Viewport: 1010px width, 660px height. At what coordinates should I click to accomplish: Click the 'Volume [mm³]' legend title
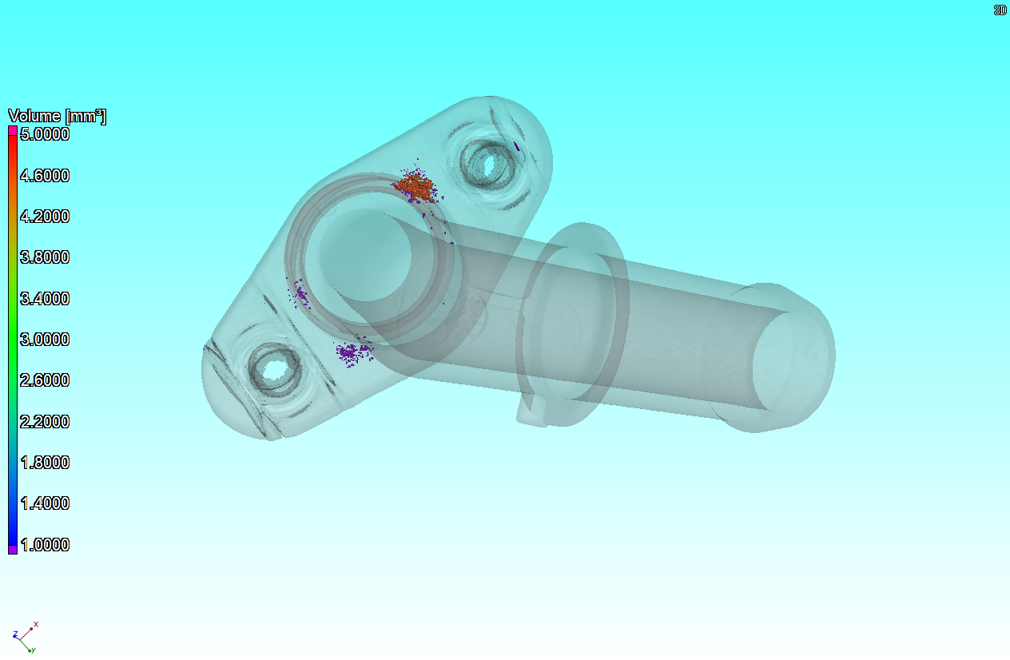[x=58, y=117]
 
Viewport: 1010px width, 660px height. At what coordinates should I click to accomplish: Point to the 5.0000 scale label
[x=45, y=134]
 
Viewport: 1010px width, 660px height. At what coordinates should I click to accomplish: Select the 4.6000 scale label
[x=45, y=175]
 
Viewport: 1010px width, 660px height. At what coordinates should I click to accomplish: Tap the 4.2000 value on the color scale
[x=45, y=217]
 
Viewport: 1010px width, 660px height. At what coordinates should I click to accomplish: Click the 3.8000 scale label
[x=45, y=257]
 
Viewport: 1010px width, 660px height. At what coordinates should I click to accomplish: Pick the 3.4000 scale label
[x=45, y=299]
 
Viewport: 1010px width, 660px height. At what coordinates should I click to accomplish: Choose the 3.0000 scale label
[x=45, y=340]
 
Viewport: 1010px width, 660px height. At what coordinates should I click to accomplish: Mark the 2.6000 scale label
[x=45, y=380]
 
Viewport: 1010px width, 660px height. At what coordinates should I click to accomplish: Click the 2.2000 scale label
[x=45, y=422]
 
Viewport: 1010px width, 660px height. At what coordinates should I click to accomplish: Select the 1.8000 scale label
[x=45, y=463]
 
